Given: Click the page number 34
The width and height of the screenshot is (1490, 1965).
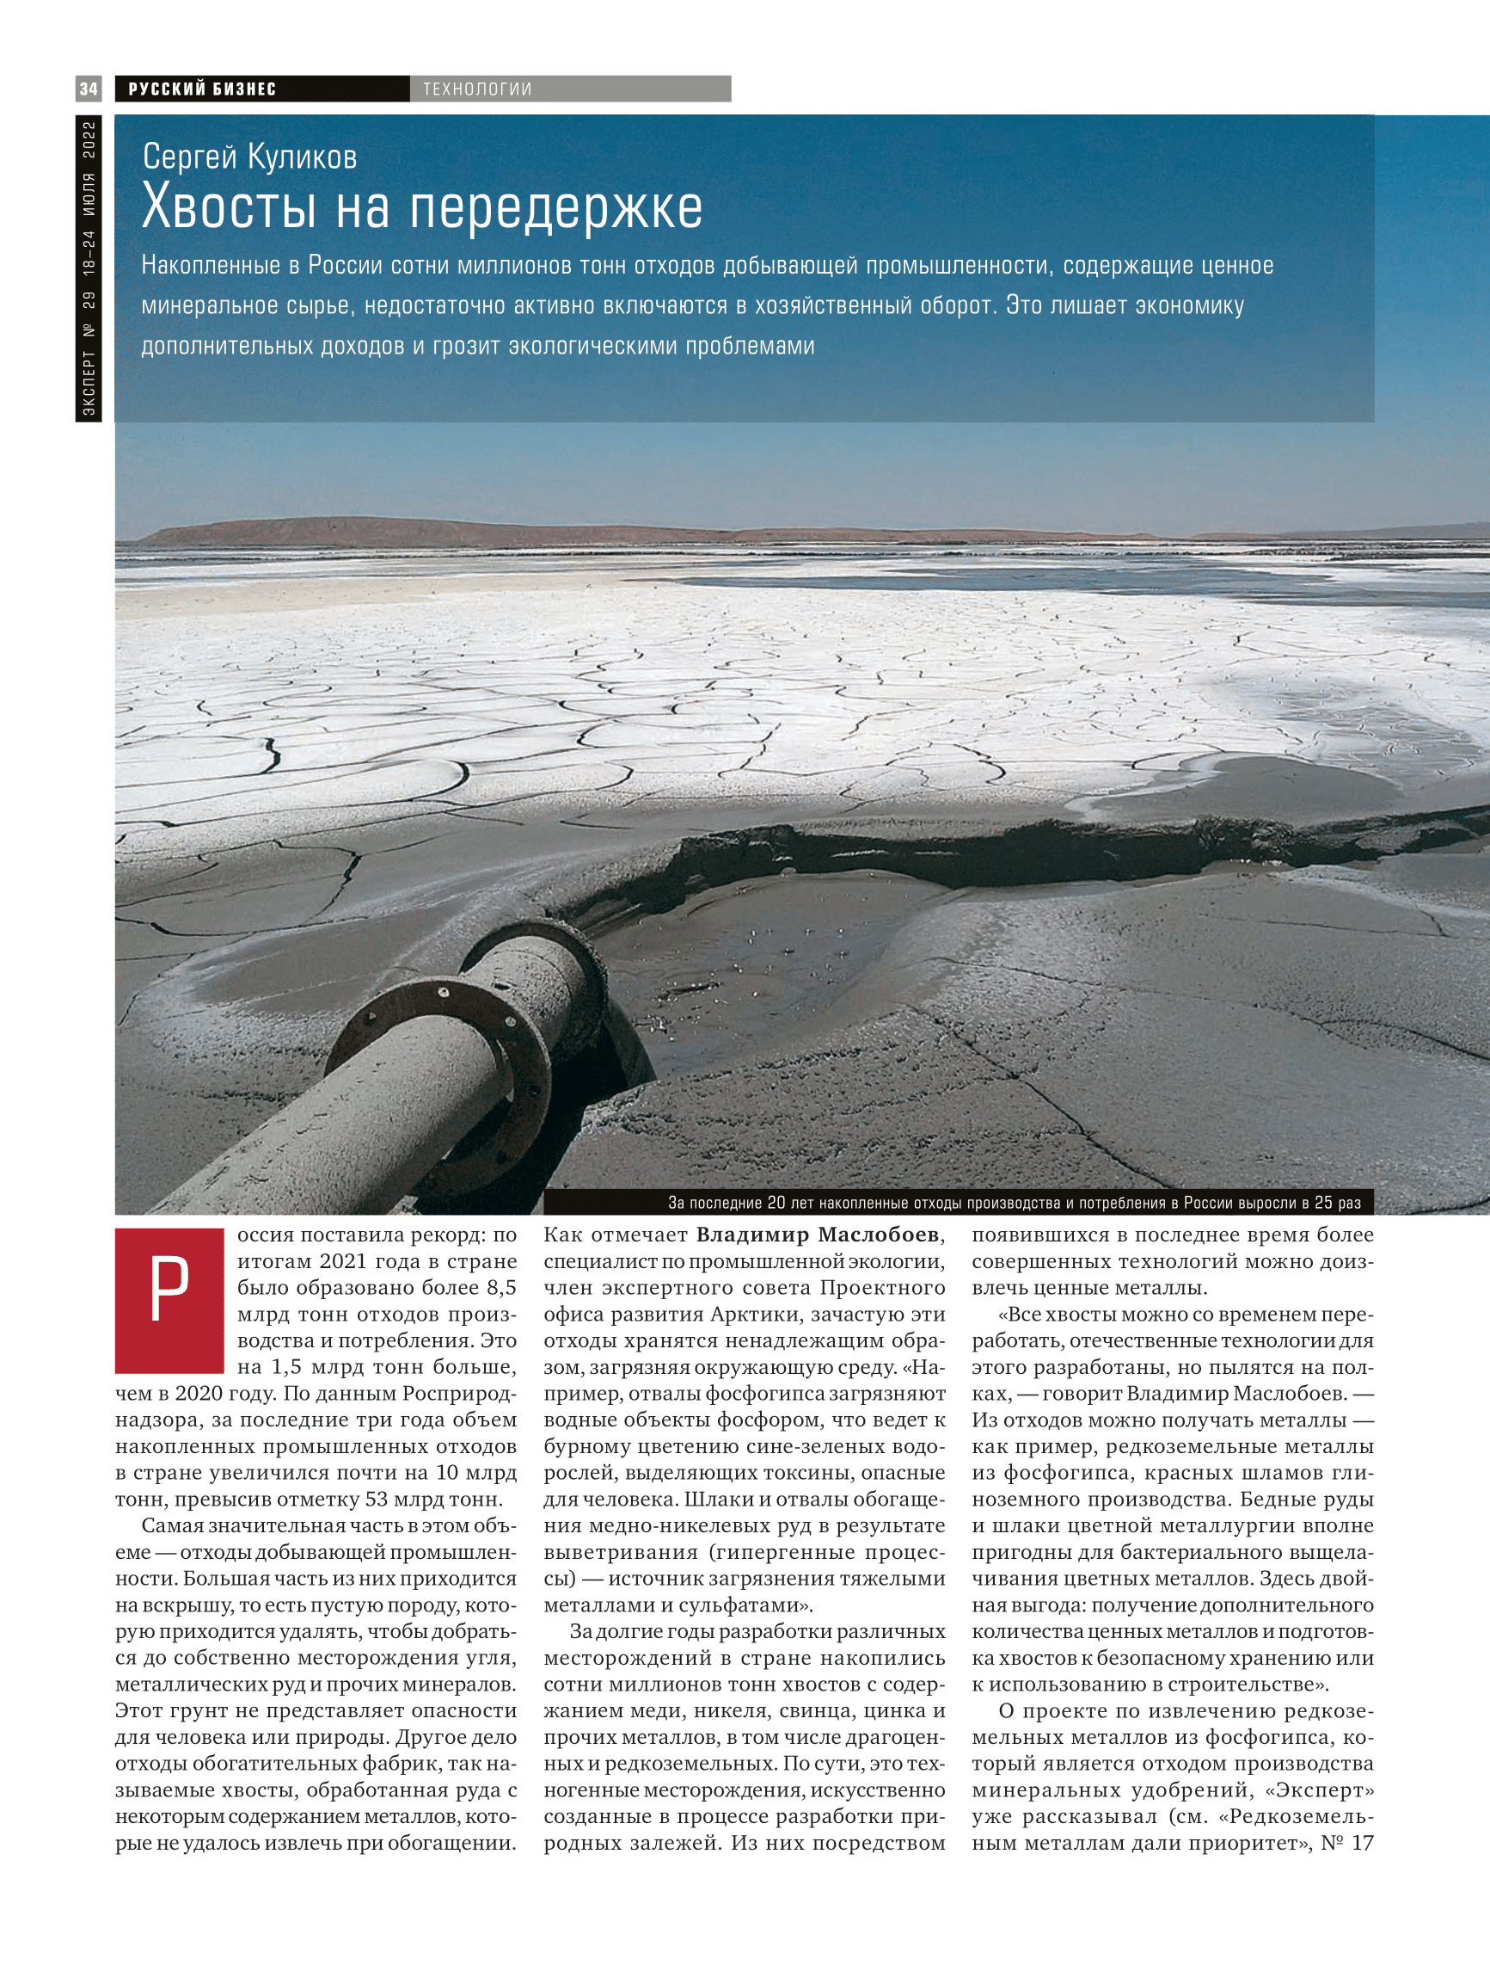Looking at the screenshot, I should (88, 89).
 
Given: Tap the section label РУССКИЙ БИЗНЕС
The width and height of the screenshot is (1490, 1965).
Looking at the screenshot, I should (202, 89).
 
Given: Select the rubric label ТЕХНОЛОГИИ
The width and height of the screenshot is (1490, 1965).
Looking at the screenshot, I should (477, 89).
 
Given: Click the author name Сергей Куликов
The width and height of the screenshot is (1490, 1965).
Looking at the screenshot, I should (249, 157).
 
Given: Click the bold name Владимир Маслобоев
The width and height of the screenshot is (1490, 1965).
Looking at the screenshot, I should (817, 1235).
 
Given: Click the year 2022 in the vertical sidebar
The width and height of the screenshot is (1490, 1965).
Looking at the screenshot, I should (89, 140).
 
